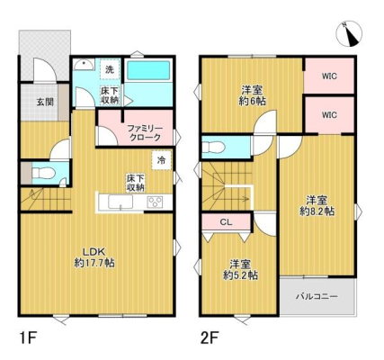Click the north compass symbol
click(x=349, y=34)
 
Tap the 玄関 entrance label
click(x=45, y=102)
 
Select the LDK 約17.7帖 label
click(x=94, y=257)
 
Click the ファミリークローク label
click(x=145, y=133)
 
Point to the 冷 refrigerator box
click(x=162, y=160)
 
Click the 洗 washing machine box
click(x=110, y=69)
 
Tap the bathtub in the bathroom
click(x=148, y=70)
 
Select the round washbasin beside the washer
click(x=84, y=65)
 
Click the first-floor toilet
click(x=43, y=173)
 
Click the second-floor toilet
click(x=213, y=148)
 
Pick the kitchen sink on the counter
click(x=121, y=202)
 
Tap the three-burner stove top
click(x=155, y=202)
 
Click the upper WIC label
click(x=329, y=76)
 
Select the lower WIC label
click(x=329, y=114)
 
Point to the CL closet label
click(x=226, y=222)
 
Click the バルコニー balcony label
click(x=317, y=297)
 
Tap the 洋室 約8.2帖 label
click(x=317, y=205)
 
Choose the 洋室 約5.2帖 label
click(x=240, y=270)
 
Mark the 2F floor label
click(x=210, y=338)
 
